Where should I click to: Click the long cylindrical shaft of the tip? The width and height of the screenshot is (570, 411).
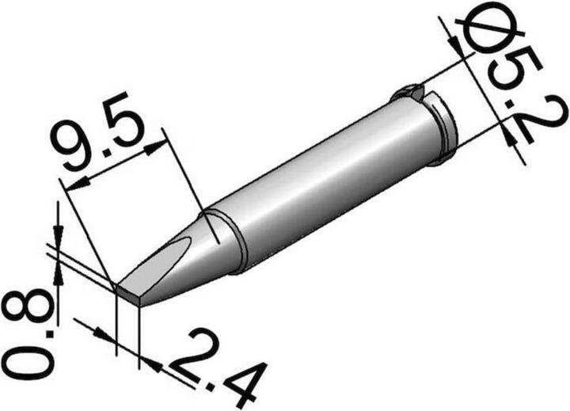click(x=325, y=182)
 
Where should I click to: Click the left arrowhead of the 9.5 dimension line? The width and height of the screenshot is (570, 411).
click(x=69, y=186)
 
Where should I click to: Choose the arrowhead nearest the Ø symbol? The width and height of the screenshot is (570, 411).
click(x=454, y=44)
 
